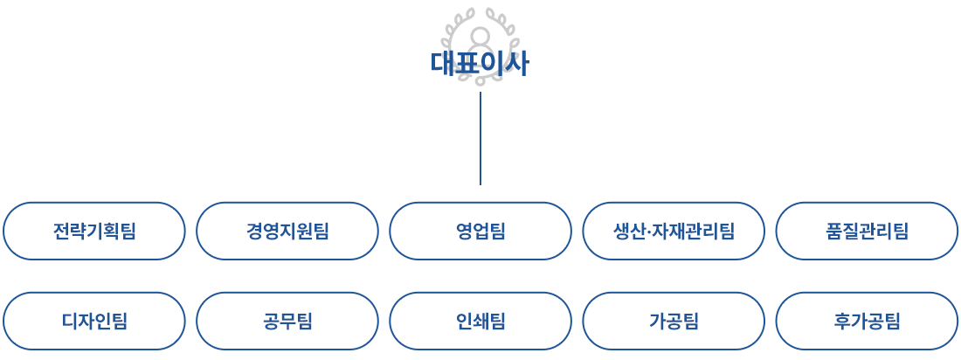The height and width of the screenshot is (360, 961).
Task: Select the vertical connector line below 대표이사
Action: click(480, 137)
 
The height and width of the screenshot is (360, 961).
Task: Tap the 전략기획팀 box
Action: click(93, 231)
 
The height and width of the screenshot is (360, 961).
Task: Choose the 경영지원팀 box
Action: click(287, 231)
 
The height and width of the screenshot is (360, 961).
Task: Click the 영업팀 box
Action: click(480, 231)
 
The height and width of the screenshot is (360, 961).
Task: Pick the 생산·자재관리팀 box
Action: click(673, 231)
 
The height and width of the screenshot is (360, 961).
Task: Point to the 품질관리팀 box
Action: click(866, 231)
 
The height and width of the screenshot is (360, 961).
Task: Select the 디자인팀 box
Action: click(93, 321)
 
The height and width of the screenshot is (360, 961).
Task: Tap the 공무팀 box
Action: click(287, 321)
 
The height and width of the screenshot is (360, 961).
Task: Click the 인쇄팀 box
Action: click(480, 321)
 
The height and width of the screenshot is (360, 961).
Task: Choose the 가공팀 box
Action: click(673, 321)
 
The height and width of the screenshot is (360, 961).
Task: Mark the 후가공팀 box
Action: click(866, 321)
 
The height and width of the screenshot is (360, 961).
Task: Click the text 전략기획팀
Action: click(94, 232)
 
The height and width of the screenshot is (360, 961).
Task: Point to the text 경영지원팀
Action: click(287, 232)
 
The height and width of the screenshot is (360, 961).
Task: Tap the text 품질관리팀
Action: click(867, 232)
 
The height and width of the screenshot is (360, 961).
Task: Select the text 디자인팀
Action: click(94, 322)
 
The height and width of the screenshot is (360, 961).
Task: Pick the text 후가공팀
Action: click(867, 322)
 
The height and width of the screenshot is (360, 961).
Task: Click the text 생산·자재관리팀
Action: click(674, 232)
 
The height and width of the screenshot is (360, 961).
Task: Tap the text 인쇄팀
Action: click(480, 322)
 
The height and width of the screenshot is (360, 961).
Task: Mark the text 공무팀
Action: click(287, 322)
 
